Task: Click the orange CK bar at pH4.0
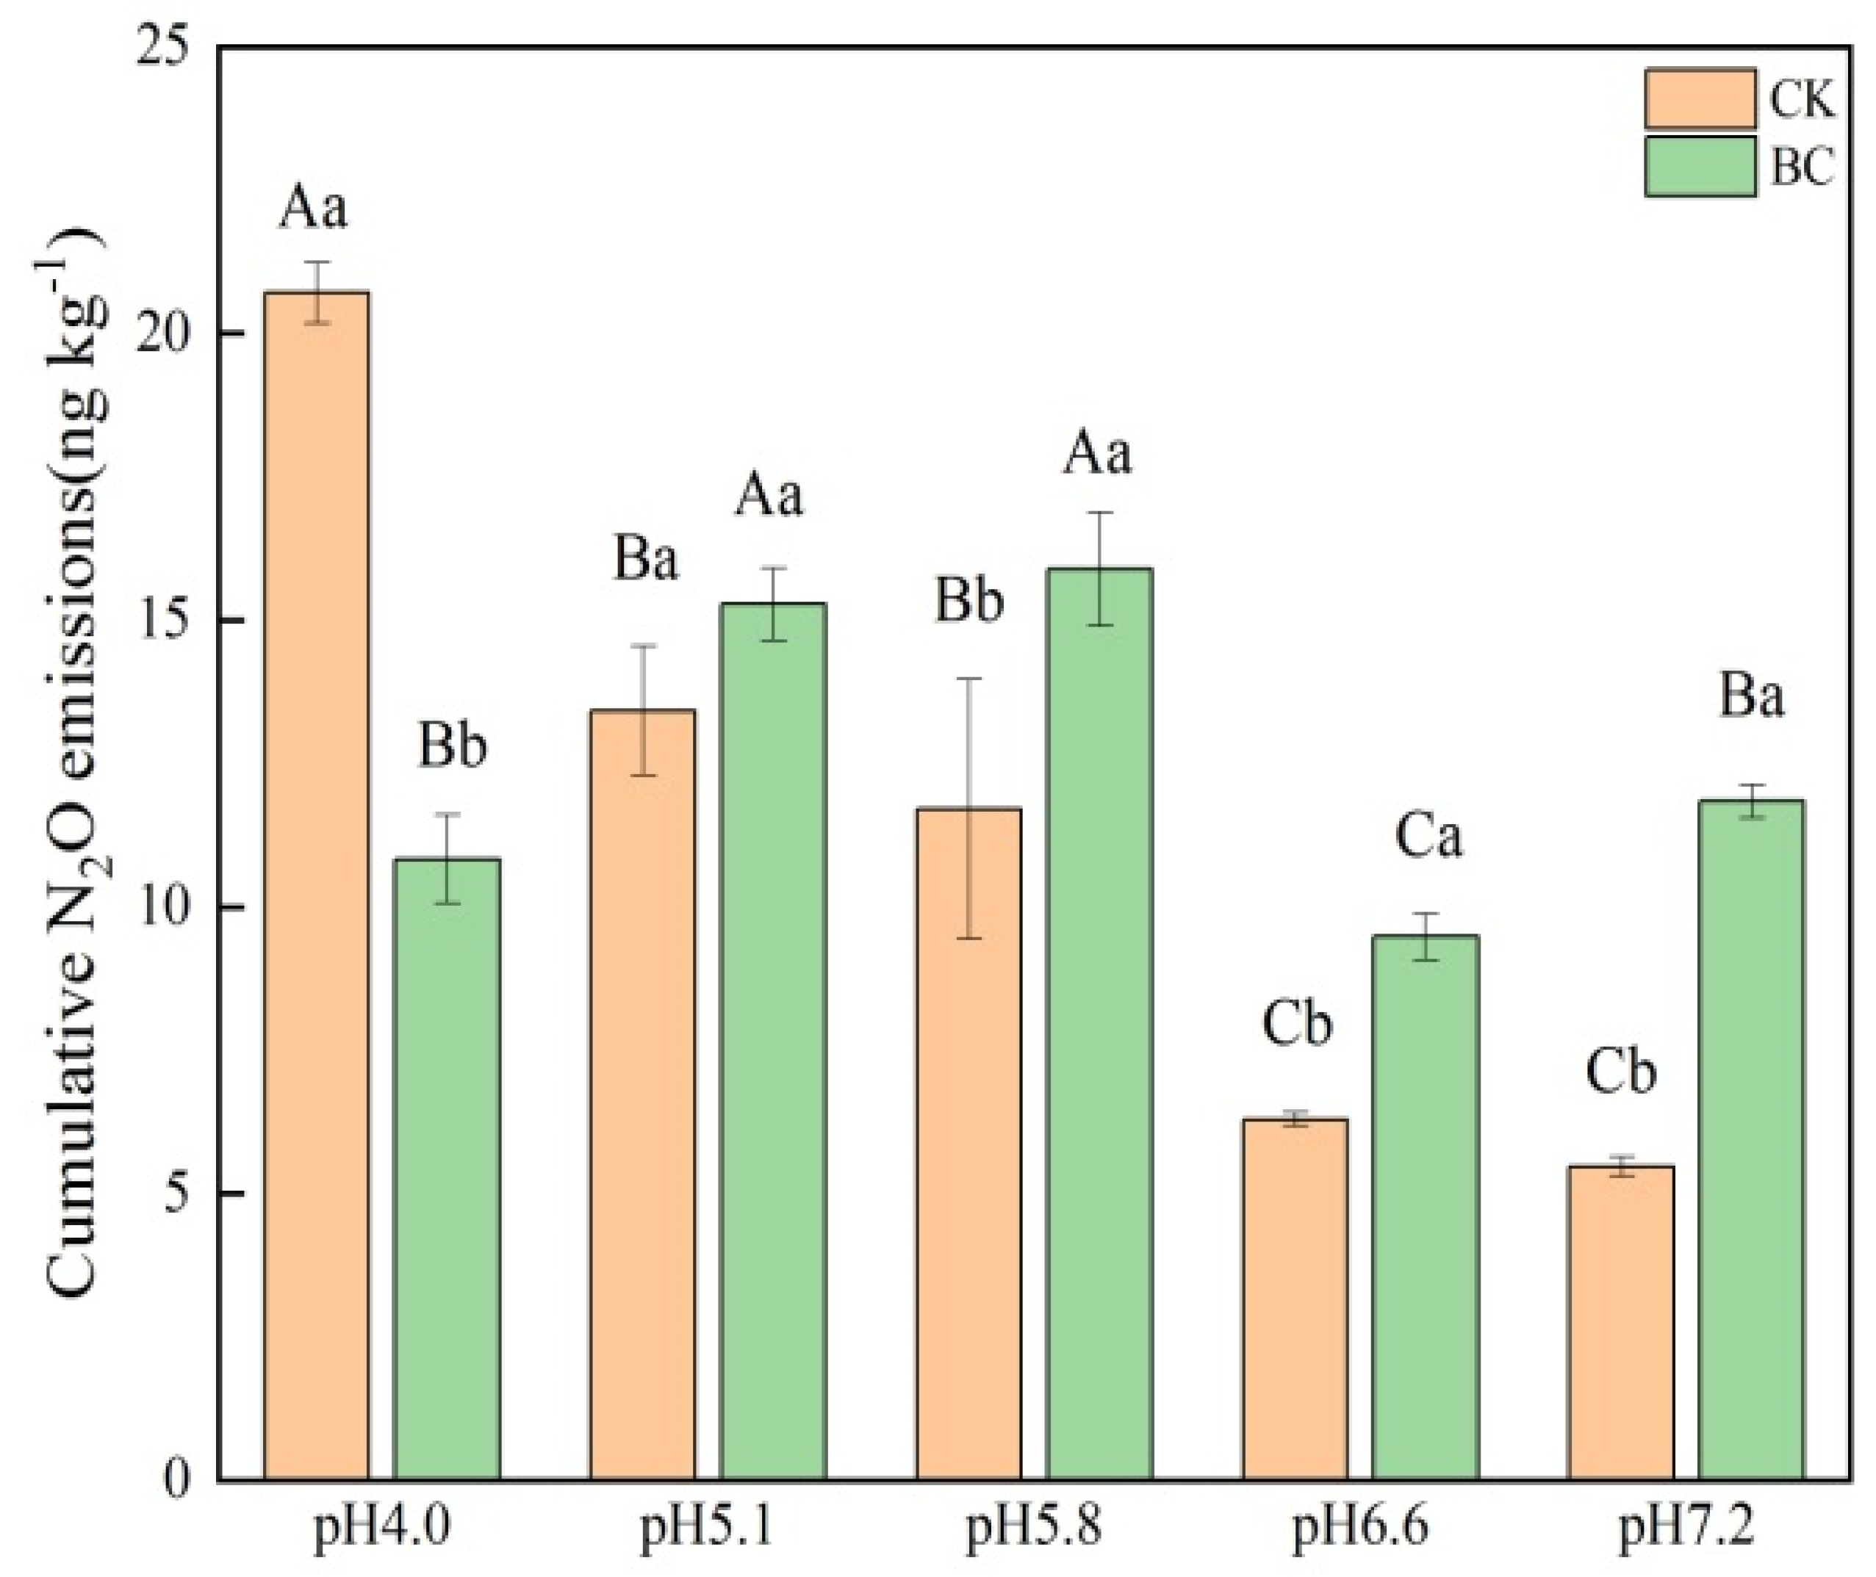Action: point(316,885)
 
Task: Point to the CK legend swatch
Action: point(1700,99)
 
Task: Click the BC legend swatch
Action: point(1700,166)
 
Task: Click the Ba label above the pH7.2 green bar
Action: point(1751,696)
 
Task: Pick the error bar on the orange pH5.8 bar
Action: point(969,808)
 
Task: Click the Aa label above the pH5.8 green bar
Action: point(1097,453)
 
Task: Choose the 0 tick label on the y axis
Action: point(178,1482)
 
